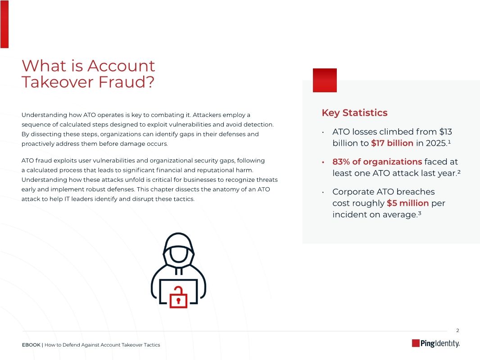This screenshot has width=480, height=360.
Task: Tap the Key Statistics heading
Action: coord(354,112)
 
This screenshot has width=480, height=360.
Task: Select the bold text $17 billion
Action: coord(392,143)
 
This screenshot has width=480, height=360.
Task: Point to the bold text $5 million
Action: coord(408,203)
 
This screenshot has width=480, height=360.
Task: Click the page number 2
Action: coord(457,330)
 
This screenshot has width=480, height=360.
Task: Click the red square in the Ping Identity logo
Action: coord(416,343)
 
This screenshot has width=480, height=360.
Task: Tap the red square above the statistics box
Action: coord(325,80)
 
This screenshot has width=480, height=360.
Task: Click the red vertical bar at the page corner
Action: coord(4,24)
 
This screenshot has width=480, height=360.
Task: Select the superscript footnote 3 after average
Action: coord(419,213)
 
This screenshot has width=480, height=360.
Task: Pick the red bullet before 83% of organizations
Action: coord(323,162)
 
